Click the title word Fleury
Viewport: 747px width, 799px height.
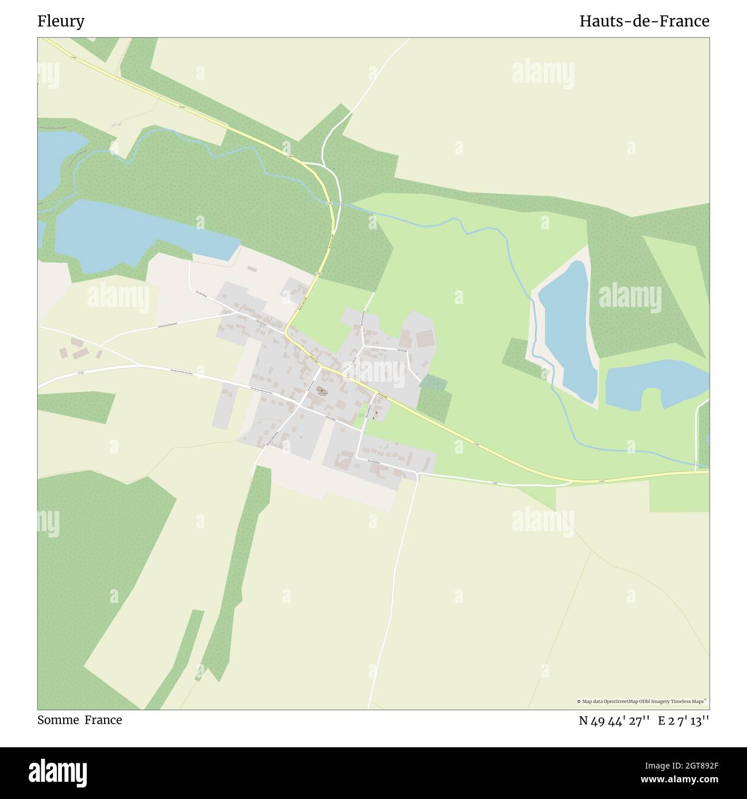(x=61, y=21)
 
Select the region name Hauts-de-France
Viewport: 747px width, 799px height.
(x=644, y=21)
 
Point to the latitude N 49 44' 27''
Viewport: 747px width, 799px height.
(x=614, y=720)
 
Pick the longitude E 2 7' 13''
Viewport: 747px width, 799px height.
(x=683, y=720)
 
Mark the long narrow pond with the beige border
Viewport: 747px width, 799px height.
(x=566, y=331)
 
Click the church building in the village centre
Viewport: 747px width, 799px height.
(x=321, y=392)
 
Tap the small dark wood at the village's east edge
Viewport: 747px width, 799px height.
(x=434, y=397)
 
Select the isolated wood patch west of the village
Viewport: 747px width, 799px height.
(x=75, y=405)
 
